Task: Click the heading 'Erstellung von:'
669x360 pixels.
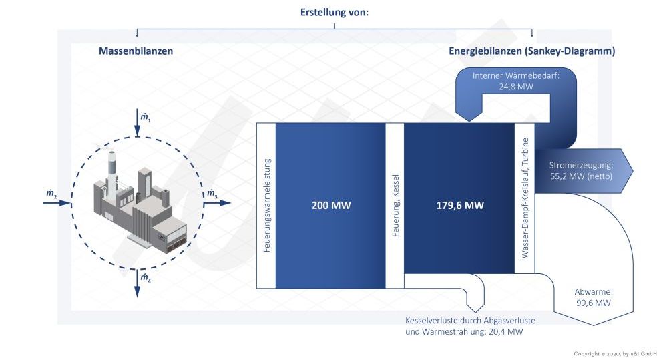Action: point(334,13)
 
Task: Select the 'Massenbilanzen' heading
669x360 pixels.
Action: point(136,51)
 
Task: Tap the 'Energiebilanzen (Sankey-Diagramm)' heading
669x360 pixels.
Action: point(531,51)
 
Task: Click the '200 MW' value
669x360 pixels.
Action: point(331,206)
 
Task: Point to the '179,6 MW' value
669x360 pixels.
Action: point(460,206)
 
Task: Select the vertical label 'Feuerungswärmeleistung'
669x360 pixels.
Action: point(267,206)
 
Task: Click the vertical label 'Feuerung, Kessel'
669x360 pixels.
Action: point(395,206)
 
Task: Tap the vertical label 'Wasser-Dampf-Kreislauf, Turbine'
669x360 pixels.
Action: point(525,198)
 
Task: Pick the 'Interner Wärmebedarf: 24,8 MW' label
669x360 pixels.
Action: point(516,81)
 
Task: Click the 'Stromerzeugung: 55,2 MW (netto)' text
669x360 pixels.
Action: point(581,171)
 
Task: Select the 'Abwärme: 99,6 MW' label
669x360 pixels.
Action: point(594,297)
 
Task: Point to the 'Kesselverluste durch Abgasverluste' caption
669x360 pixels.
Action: point(470,321)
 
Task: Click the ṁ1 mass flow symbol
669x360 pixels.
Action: point(146,117)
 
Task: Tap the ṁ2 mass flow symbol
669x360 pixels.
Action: point(51,194)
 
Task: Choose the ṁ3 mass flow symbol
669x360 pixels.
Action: point(212,194)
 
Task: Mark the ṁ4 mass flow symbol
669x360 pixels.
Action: point(146,278)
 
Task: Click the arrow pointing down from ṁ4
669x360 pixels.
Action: point(137,283)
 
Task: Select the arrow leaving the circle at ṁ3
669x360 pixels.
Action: point(217,203)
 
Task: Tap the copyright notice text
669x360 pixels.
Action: point(615,353)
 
